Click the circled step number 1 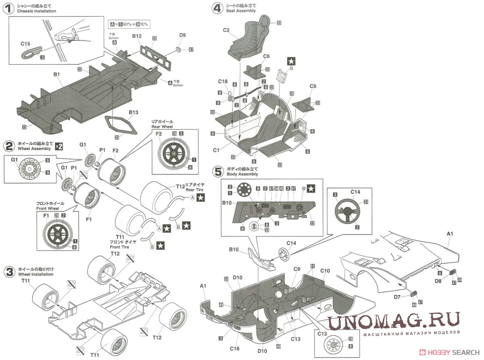9,8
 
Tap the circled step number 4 217,8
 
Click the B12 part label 137,36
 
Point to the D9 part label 182,35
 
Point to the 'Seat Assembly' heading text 242,10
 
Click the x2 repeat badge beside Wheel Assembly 58,146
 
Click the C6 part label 266,56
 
